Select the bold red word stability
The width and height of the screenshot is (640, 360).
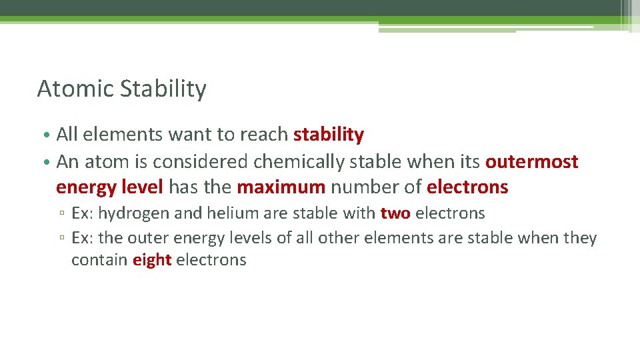pyautogui.click(x=329, y=135)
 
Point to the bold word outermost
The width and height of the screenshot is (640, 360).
pyautogui.click(x=532, y=162)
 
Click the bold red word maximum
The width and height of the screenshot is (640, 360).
pyautogui.click(x=281, y=187)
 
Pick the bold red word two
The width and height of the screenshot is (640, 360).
pyautogui.click(x=395, y=213)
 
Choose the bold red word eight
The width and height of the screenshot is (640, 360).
pyautogui.click(x=152, y=260)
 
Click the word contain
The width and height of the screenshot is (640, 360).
pyautogui.click(x=99, y=260)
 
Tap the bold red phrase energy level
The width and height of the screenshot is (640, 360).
pyautogui.click(x=109, y=187)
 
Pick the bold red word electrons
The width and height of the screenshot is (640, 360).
pyautogui.click(x=467, y=187)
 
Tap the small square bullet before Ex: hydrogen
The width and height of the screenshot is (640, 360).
pyautogui.click(x=61, y=215)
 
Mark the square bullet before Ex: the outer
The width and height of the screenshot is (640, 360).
pyautogui.click(x=61, y=239)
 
